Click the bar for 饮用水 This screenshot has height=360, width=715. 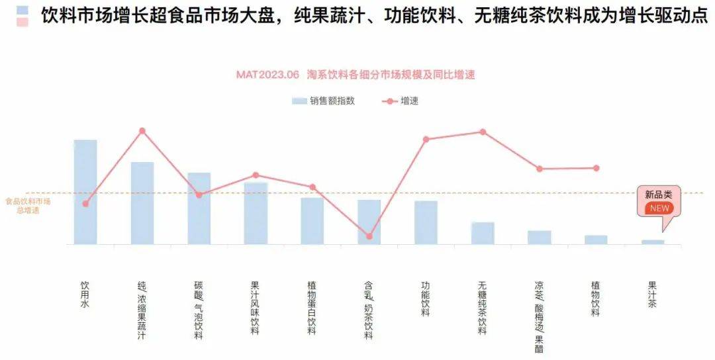pos(85,192)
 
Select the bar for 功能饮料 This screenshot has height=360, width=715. pos(426,222)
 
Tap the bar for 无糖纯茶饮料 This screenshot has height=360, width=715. pos(483,233)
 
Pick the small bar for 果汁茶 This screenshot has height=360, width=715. pos(653,242)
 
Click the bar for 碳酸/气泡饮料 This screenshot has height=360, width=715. pos(199,208)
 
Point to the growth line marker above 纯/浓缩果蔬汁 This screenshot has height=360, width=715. pos(142,131)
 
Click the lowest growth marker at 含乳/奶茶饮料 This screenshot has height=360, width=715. pos(369,236)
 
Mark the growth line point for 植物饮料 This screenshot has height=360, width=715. pos(596,168)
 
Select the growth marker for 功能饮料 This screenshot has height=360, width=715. pos(426,139)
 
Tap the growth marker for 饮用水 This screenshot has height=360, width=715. pos(85,204)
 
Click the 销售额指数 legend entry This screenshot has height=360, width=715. pos(323,101)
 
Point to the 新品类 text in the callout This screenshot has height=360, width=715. pos(659,195)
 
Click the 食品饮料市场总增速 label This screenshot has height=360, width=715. pos(28,205)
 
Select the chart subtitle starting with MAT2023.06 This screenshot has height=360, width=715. pos(356,75)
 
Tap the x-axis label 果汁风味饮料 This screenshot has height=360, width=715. pos(255,308)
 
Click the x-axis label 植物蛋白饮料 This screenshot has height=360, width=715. pos(312,308)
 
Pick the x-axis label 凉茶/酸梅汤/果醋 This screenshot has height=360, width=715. pos(539,317)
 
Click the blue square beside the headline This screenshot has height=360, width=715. pos(23,11)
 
